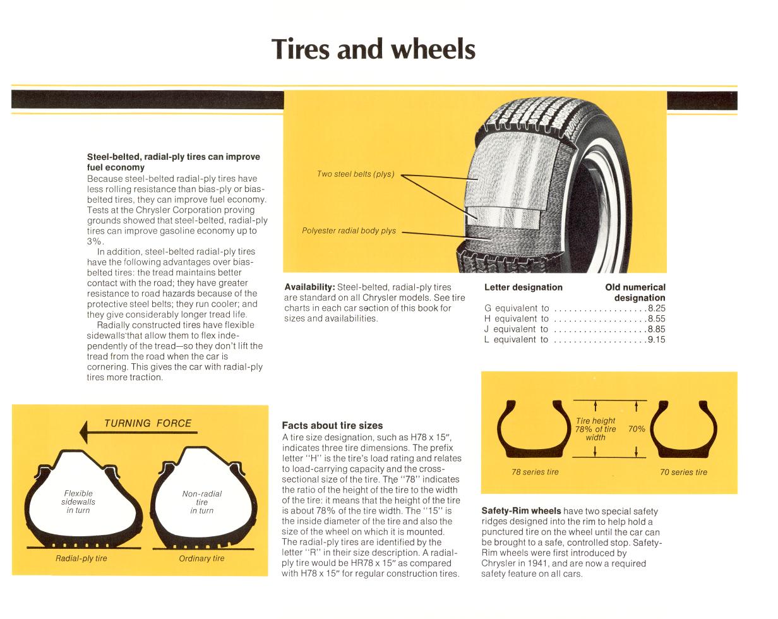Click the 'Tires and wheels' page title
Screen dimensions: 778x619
click(373, 49)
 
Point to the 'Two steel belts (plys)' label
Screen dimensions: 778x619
click(356, 174)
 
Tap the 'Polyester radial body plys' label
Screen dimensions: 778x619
click(349, 231)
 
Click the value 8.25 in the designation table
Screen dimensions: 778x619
click(656, 308)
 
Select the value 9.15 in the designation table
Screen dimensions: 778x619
click(656, 340)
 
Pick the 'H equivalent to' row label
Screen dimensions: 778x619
click(516, 318)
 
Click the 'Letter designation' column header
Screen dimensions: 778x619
click(523, 287)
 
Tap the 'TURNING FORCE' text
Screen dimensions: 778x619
click(148, 423)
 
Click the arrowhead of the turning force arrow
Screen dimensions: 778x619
click(83, 432)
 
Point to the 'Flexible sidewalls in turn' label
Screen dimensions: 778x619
click(78, 502)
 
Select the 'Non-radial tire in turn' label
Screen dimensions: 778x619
click(201, 502)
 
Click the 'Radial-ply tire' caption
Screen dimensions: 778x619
click(81, 558)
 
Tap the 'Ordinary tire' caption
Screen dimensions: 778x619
click(201, 558)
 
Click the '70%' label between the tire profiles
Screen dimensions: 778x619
click(637, 429)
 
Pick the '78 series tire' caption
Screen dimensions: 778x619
click(535, 472)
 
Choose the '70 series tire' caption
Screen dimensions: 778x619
click(683, 472)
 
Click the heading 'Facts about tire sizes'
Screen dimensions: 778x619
click(332, 425)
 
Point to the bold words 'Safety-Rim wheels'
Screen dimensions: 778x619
click(521, 511)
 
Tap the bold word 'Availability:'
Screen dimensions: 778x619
click(309, 287)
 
